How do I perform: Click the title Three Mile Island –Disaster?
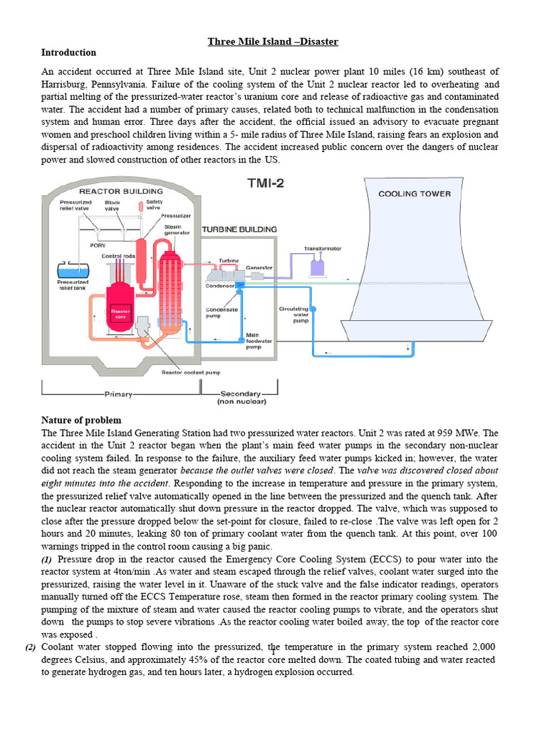[x=273, y=41]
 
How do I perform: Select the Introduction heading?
[x=68, y=53]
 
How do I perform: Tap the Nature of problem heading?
[x=81, y=420]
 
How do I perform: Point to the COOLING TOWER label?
[x=414, y=193]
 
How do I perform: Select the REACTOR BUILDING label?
[x=120, y=191]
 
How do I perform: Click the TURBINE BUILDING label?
[x=239, y=230]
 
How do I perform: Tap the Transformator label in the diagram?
[x=323, y=249]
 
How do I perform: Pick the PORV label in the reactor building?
[x=98, y=245]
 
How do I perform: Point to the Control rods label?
[x=118, y=256]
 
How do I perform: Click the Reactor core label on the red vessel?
[x=119, y=314]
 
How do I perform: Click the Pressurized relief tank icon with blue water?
[x=73, y=272]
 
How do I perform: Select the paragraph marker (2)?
[x=30, y=647]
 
